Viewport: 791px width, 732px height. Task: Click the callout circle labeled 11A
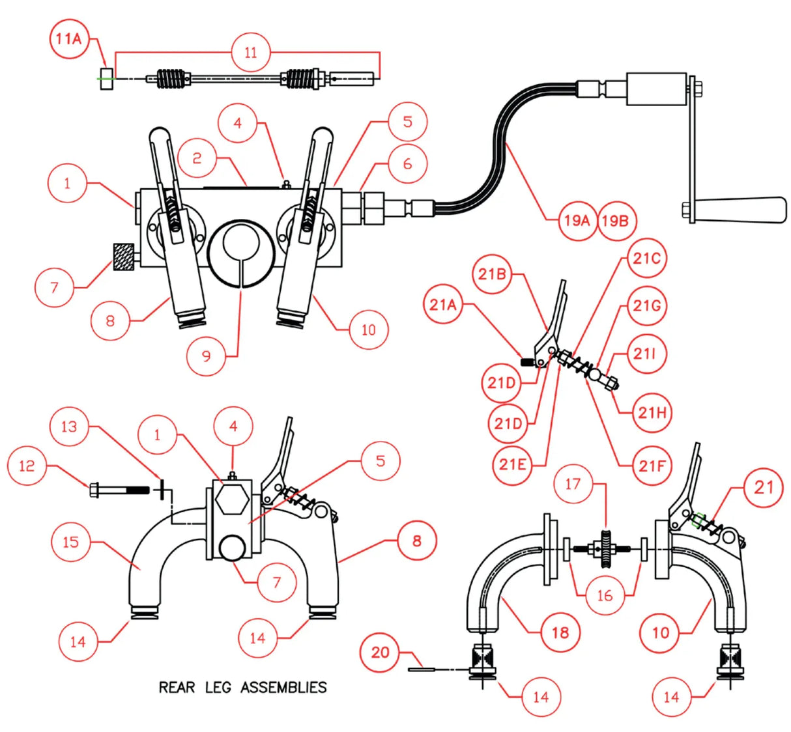coord(68,38)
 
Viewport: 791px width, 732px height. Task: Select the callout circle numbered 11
coord(251,52)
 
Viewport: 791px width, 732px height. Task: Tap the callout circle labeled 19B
coord(615,221)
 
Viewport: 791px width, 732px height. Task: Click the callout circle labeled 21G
coord(646,305)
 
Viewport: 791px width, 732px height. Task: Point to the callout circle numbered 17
coord(573,484)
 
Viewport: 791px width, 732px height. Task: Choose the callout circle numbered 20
coord(380,652)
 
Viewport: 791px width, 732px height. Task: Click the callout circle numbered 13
coord(69,427)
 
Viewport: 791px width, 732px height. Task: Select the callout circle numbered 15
coord(70,541)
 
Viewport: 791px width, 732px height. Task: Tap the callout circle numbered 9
coord(206,356)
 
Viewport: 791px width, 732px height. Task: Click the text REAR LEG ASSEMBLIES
coord(242,687)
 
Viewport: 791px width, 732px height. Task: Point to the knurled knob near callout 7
coord(124,254)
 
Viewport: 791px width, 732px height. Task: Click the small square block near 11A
coord(108,78)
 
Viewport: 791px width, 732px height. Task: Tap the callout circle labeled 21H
coord(652,412)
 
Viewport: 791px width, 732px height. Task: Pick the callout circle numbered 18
coord(560,632)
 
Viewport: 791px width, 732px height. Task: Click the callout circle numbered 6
coord(407,163)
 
